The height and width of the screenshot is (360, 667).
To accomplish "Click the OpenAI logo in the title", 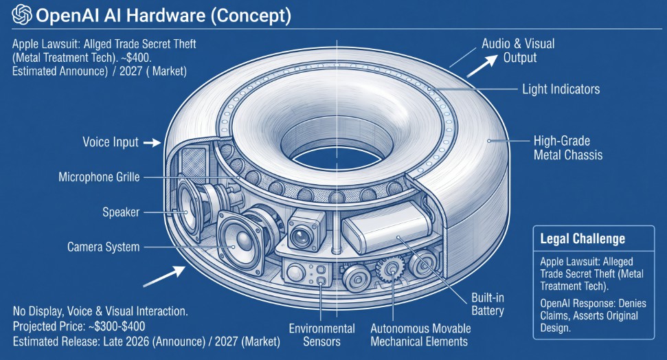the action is (x=22, y=15).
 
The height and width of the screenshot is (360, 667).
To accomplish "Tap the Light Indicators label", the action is (x=561, y=89).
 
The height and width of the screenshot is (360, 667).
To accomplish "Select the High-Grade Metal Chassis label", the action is (x=568, y=148).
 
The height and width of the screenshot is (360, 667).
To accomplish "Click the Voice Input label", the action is (x=111, y=142).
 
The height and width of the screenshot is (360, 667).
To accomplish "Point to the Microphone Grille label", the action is (x=99, y=177).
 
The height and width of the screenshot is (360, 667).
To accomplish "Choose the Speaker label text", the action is (x=121, y=212).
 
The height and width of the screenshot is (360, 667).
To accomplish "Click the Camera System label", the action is (x=103, y=247).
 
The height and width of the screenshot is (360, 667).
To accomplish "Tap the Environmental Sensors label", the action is (x=321, y=335).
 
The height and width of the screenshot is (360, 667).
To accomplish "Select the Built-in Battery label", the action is (x=488, y=304).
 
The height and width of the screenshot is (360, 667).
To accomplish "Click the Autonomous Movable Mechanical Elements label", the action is (x=420, y=335).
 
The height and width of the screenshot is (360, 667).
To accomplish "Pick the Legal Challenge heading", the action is (x=583, y=238).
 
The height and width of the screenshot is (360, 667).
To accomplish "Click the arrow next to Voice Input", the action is (x=152, y=143).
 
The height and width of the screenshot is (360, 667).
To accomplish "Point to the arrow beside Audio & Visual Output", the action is (x=482, y=65).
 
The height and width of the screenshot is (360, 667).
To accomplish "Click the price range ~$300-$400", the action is (x=117, y=326).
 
